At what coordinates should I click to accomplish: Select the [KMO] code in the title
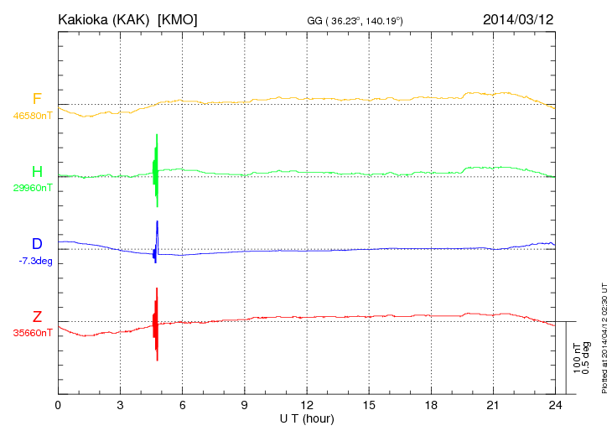pyautogui.click(x=177, y=18)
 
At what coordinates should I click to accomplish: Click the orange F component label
pyautogui.click(x=36, y=100)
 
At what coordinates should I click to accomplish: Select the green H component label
pyautogui.click(x=37, y=172)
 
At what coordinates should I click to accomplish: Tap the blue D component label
pyautogui.click(x=37, y=244)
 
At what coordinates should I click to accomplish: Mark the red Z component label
pyautogui.click(x=37, y=316)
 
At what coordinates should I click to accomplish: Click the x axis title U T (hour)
pyautogui.click(x=306, y=418)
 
